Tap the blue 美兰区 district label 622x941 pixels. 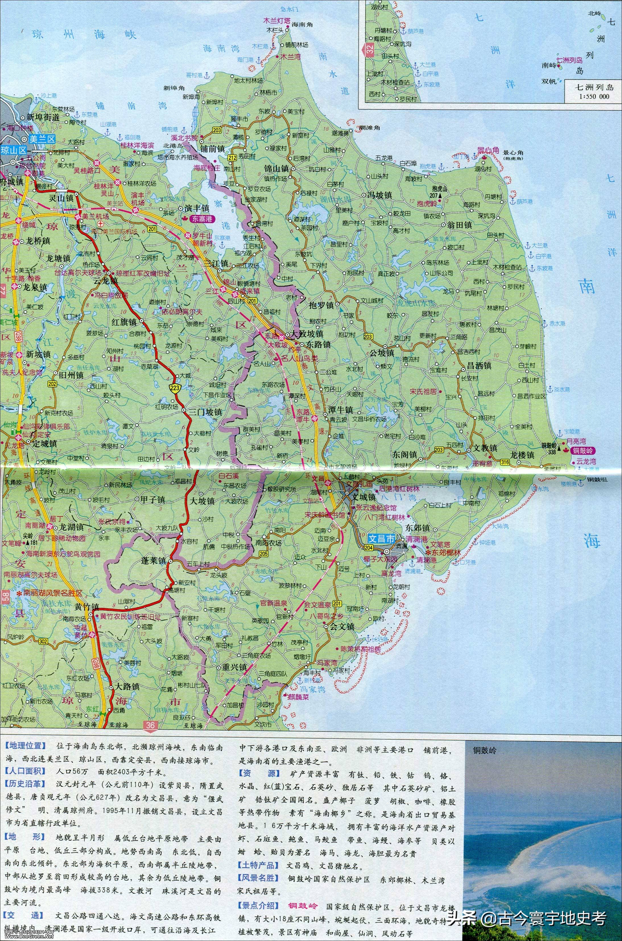[x=44, y=139]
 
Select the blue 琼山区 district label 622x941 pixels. [x=13, y=150]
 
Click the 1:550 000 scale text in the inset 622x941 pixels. [x=594, y=97]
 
